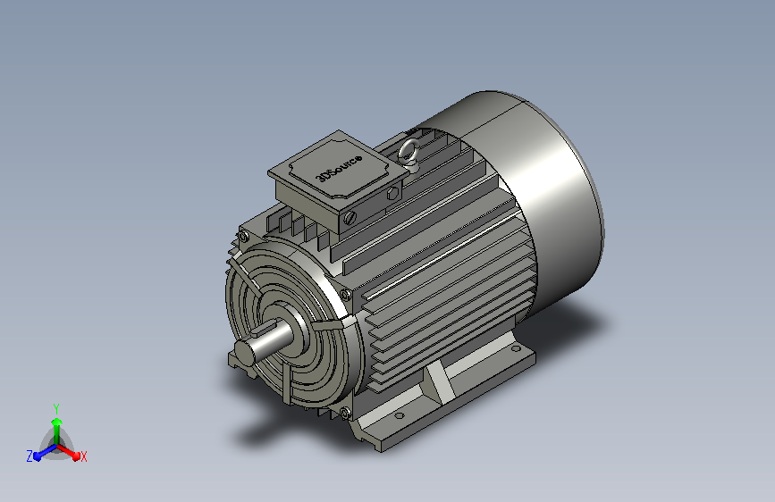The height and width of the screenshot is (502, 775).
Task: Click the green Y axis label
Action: [56, 409]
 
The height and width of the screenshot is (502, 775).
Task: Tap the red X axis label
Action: [83, 457]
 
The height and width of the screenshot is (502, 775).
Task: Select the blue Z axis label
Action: [29, 456]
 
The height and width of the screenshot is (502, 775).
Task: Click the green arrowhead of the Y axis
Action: [57, 423]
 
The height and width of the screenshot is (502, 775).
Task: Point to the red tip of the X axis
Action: [76, 456]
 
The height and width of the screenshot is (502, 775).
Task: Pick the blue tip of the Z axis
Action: [38, 456]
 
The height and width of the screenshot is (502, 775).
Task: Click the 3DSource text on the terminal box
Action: [340, 168]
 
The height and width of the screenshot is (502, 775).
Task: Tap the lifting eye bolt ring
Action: [409, 152]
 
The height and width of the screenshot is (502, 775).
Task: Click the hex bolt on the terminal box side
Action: [393, 193]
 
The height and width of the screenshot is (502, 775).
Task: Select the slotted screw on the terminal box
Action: [350, 217]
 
